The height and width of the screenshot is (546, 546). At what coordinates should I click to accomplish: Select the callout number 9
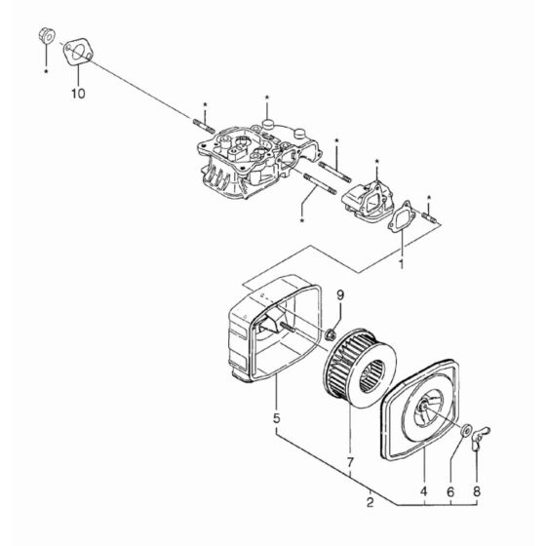point(341,294)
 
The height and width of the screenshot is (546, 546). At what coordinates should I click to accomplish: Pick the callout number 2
point(370,504)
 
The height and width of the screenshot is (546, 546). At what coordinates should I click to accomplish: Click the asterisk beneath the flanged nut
point(45,71)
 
